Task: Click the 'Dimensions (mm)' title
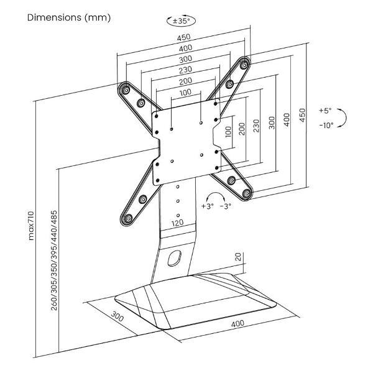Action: click(69, 18)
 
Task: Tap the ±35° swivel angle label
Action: click(182, 21)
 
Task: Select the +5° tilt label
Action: click(325, 111)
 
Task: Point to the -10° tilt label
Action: click(326, 125)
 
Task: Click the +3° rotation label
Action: click(208, 206)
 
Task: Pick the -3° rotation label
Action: click(226, 206)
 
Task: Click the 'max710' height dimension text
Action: click(32, 226)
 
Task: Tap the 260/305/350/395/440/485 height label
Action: click(54, 260)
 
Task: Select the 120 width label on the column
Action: click(177, 223)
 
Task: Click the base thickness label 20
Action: click(238, 257)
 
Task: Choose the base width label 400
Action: click(237, 323)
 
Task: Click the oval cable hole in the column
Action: click(175, 258)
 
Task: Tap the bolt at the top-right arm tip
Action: click(244, 65)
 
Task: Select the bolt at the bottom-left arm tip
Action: click(129, 218)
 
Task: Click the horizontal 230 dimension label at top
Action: click(185, 70)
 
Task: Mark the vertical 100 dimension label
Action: click(228, 132)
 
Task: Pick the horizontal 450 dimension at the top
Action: click(183, 37)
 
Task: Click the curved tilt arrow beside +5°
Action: click(344, 117)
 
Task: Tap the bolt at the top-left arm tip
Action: click(126, 90)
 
